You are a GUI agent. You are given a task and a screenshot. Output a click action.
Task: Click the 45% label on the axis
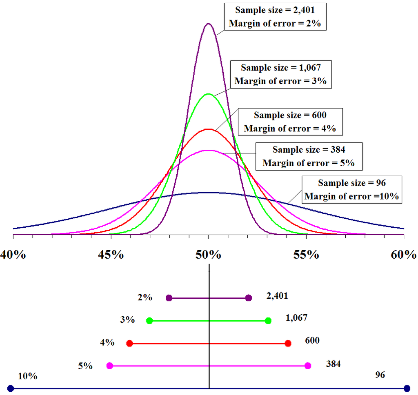coord(111,255)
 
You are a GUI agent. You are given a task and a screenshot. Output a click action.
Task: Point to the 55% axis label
coord(306,255)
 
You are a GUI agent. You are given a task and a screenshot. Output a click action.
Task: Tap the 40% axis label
coord(13,255)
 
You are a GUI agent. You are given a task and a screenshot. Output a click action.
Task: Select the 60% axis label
coord(404,255)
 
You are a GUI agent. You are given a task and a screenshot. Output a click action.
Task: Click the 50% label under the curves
coord(208,255)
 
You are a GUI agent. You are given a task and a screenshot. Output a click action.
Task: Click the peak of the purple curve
coord(209,24)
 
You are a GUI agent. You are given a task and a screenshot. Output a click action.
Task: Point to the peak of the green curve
coord(209,94)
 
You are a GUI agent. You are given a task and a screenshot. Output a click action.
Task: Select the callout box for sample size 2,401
coord(274,17)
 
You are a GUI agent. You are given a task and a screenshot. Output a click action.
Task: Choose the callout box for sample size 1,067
coord(280,74)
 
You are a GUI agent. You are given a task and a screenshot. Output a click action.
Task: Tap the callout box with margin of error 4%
coord(290,122)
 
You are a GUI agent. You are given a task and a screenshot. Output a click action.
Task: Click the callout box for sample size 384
coord(308,156)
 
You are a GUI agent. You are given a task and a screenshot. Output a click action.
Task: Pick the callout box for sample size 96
coord(351,189)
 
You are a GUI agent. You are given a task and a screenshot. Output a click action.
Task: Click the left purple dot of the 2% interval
coord(169,298)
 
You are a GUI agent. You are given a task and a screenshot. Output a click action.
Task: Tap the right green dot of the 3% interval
coord(268,321)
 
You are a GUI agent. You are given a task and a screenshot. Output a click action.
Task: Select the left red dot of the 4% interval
coord(129,344)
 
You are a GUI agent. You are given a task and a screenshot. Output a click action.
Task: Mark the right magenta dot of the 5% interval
coord(308,366)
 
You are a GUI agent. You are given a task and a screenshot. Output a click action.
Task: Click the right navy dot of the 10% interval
coord(407,388)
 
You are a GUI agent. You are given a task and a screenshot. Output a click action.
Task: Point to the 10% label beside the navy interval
coord(28,376)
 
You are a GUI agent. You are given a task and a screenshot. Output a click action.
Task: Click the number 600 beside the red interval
coord(312,340)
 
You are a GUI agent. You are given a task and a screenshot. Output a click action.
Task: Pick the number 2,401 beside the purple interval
coord(277,296)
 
